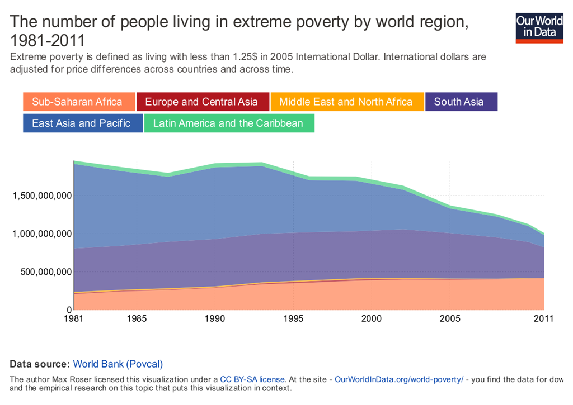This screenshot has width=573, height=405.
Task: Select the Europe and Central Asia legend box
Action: click(x=201, y=102)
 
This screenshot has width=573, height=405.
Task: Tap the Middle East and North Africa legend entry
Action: click(x=346, y=102)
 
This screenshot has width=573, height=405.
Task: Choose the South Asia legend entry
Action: click(x=459, y=102)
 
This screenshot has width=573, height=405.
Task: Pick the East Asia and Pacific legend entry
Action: click(x=81, y=123)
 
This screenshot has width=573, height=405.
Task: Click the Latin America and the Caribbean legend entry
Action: click(x=228, y=123)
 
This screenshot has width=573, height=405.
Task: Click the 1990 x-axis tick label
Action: click(x=215, y=319)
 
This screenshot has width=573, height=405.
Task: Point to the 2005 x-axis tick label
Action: click(x=450, y=319)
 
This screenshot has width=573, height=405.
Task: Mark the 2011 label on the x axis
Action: click(x=543, y=319)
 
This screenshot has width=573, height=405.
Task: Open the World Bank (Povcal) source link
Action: click(x=118, y=364)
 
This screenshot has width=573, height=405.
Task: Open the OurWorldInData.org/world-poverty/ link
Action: click(x=399, y=379)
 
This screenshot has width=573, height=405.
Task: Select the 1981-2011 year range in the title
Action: click(x=48, y=40)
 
